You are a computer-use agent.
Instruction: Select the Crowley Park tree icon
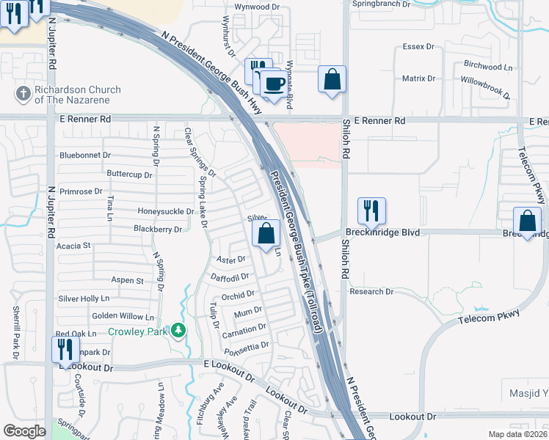tap(178, 331)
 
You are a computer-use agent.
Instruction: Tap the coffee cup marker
tap(274, 84)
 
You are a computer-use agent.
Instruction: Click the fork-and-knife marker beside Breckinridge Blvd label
tap(371, 211)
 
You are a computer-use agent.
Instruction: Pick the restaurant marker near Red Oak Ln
tap(65, 349)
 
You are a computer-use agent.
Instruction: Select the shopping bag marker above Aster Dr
tap(266, 234)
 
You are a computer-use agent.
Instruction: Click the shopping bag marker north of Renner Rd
tap(332, 79)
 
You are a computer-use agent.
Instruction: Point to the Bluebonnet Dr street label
tap(85, 155)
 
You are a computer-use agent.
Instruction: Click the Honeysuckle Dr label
tap(165, 211)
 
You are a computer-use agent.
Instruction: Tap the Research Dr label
tap(371, 292)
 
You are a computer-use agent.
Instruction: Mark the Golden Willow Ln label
tap(123, 317)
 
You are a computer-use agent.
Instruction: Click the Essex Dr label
tap(419, 47)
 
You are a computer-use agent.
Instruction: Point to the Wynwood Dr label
tap(258, 7)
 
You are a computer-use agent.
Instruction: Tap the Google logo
tap(24, 431)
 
